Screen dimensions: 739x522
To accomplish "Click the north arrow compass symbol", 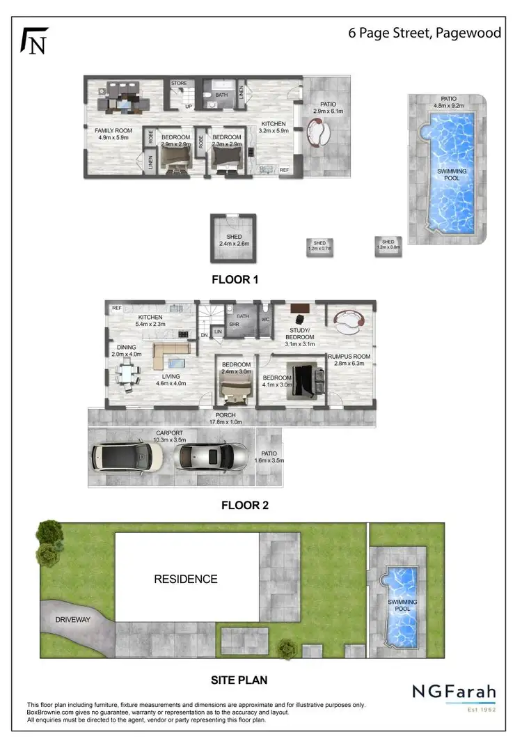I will coord(35,40).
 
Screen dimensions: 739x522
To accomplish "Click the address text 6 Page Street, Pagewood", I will coord(424,33).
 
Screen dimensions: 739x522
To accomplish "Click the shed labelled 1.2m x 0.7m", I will coord(319,246).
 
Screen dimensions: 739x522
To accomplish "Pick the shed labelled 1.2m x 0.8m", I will coord(388,245).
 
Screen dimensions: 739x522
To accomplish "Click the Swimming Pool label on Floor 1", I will coord(452,175).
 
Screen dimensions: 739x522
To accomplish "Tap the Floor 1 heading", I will coord(235,281).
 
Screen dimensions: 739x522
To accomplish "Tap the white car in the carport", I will coord(127,457).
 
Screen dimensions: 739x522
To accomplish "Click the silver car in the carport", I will coord(213,458).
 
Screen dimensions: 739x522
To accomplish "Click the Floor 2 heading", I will coord(244,506).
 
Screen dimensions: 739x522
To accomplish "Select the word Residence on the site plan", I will coord(185,579).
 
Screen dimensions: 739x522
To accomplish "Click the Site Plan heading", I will coord(239,679).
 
